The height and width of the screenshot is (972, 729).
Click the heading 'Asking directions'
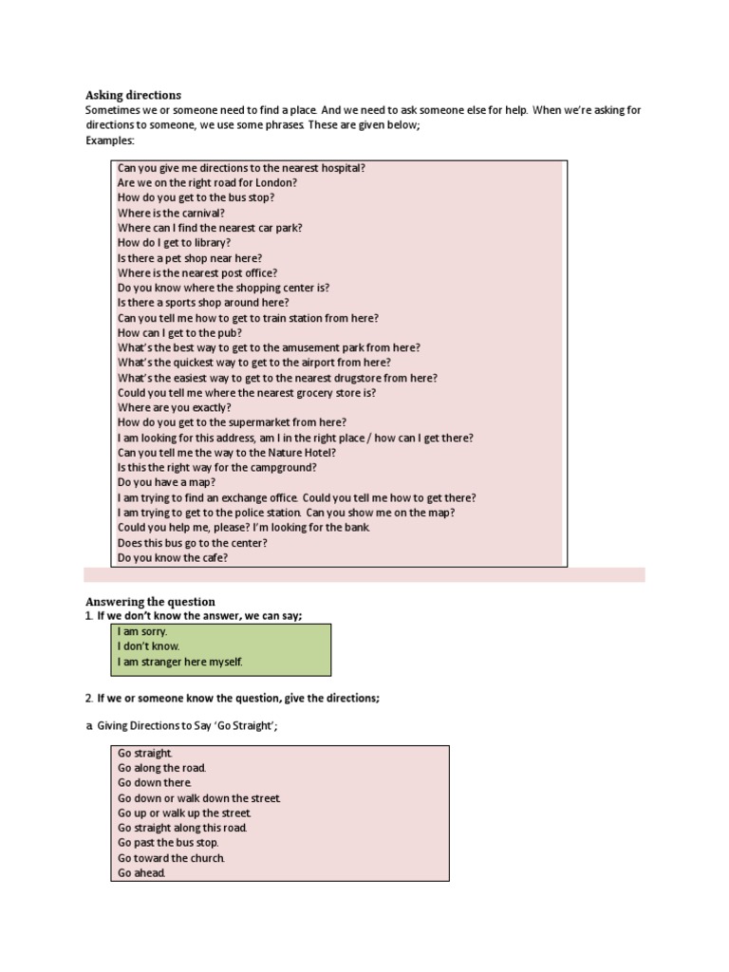[x=133, y=95]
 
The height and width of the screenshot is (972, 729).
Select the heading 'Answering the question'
[x=150, y=602]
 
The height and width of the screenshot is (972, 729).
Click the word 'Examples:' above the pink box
[x=110, y=140]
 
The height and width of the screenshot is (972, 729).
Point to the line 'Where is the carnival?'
[x=171, y=213]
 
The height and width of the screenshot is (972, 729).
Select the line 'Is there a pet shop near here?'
[x=190, y=258]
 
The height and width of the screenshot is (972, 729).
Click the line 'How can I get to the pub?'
[x=179, y=333]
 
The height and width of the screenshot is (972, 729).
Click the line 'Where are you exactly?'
[x=174, y=408]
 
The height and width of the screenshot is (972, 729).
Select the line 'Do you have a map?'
[x=166, y=482]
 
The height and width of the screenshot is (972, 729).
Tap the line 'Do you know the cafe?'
[x=173, y=558]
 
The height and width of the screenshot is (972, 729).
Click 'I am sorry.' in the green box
[x=142, y=631]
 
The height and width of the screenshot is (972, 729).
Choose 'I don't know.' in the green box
[x=148, y=646]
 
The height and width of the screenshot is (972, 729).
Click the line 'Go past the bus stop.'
[x=168, y=843]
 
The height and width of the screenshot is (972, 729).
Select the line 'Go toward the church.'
[x=171, y=858]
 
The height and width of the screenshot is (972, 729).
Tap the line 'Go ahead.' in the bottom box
[x=141, y=873]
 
